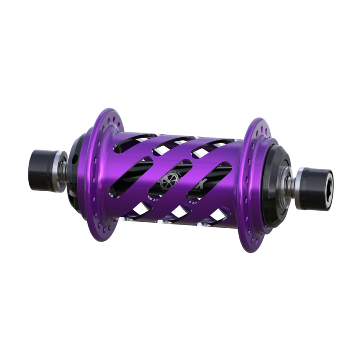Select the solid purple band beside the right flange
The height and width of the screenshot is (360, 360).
(x=229, y=180)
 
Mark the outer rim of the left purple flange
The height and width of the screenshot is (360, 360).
(x=89, y=180)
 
